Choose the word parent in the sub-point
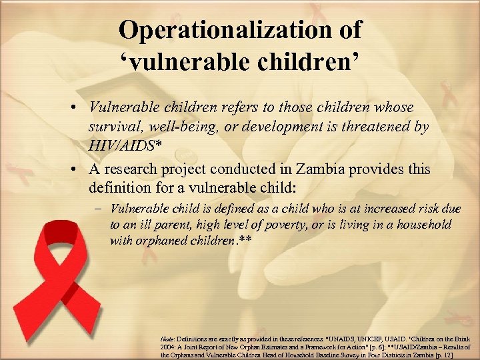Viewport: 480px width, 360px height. click(175, 225)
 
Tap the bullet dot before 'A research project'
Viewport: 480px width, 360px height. click(79, 170)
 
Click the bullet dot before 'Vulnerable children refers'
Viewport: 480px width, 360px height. click(79, 108)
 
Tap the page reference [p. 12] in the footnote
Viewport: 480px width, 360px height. click(460, 355)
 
